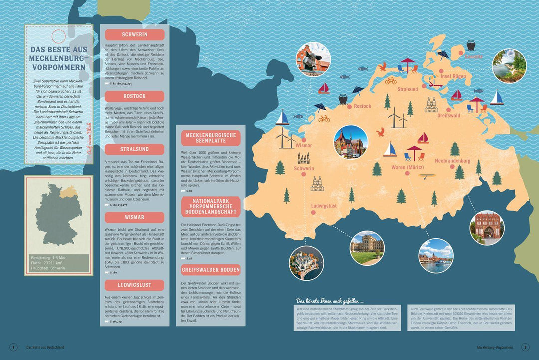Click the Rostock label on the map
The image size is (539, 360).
(362, 106)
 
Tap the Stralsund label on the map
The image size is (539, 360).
(408, 89)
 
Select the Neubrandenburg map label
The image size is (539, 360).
(453, 161)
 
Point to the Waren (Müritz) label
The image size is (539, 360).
(408, 167)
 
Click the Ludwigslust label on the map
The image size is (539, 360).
(324, 206)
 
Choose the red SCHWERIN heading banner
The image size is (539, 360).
(134, 34)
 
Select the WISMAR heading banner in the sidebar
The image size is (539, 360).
(134, 217)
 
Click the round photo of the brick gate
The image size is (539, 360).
(487, 227)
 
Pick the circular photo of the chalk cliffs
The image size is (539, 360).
(509, 65)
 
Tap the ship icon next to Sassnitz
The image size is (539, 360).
(471, 45)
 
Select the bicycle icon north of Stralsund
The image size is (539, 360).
(391, 80)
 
